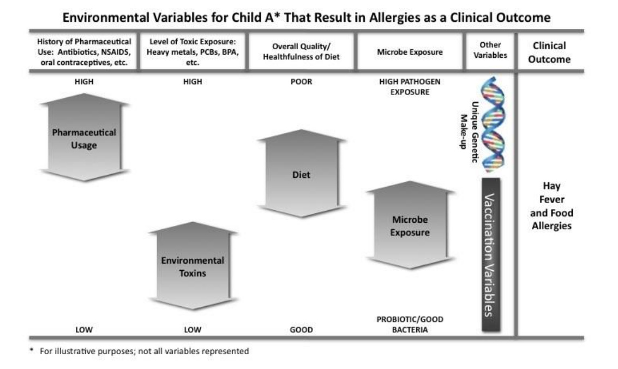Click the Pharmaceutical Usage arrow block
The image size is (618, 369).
84,138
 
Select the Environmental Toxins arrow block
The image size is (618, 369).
193,266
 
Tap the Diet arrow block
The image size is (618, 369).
302,174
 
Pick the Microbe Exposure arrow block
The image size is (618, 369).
410,225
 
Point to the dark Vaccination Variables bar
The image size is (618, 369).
491,255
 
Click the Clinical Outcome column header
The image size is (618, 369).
549,52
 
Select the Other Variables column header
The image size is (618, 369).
490,50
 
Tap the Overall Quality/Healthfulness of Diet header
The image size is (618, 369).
301,52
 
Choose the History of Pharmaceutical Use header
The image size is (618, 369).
84,52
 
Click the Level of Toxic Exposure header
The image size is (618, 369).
193,52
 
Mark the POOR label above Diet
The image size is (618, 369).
302,82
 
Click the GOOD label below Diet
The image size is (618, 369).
302,330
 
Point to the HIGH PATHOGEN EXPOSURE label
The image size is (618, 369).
410,87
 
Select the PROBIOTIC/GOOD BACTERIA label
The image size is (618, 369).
410,324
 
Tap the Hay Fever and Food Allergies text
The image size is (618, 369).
551,206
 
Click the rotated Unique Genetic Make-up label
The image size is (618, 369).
469,132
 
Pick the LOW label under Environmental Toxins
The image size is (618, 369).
193,330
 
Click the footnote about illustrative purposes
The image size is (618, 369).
140,352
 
